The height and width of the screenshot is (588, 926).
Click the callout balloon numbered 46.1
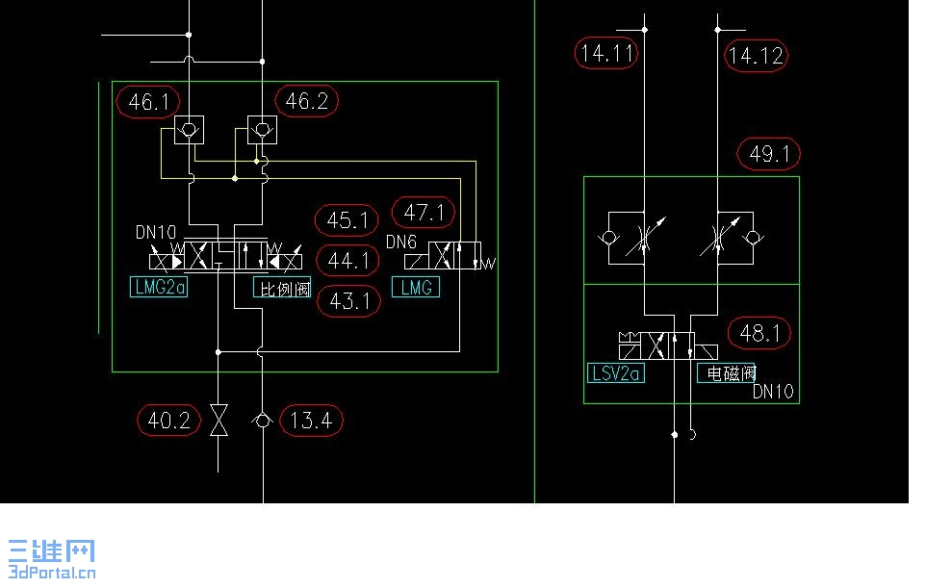pos(148,102)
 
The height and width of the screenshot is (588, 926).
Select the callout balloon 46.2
pos(306,100)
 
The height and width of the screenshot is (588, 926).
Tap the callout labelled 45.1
pos(347,220)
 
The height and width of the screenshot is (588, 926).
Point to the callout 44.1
pos(347,261)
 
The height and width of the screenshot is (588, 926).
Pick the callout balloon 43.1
pos(349,301)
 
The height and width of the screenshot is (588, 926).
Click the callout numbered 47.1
pos(424,212)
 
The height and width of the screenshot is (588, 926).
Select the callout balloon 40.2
pos(168,421)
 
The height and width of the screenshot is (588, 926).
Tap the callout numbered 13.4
pos(311,421)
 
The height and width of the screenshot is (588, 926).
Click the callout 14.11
pos(606,53)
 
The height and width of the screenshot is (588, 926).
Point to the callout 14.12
pos(756,56)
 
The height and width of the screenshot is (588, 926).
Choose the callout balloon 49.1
pos(769,153)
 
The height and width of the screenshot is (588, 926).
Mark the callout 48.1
pos(759,333)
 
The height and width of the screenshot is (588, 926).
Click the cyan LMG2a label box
pos(159,287)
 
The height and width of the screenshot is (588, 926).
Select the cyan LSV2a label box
pos(616,373)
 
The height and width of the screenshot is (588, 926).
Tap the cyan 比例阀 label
pos(282,288)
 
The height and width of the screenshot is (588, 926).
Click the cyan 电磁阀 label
pos(727,373)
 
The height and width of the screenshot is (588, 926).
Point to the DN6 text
pos(401,242)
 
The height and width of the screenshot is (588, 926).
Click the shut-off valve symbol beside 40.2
pos(219,421)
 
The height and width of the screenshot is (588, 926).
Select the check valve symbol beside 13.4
pos(262,421)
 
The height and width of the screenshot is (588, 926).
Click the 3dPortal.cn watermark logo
pos(52,559)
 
